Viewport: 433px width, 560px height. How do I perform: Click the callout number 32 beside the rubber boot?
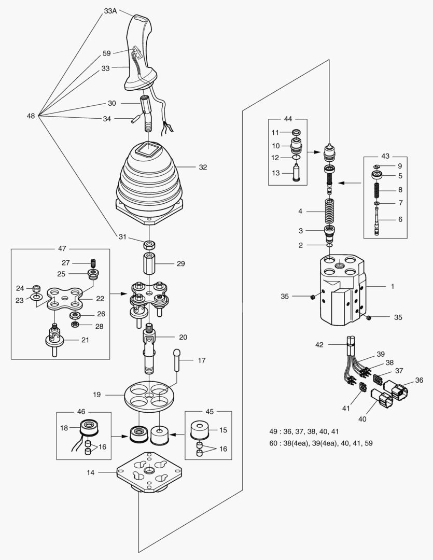click(203, 167)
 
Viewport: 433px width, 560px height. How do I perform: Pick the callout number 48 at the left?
click(31, 116)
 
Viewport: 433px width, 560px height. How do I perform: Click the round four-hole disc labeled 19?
click(149, 395)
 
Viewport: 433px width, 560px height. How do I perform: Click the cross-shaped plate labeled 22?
click(64, 299)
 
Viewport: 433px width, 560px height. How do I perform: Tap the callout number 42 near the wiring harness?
click(319, 344)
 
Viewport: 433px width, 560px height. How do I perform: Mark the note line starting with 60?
click(320, 443)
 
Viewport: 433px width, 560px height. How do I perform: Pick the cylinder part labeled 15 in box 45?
click(200, 430)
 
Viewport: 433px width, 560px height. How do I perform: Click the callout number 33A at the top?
click(110, 10)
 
